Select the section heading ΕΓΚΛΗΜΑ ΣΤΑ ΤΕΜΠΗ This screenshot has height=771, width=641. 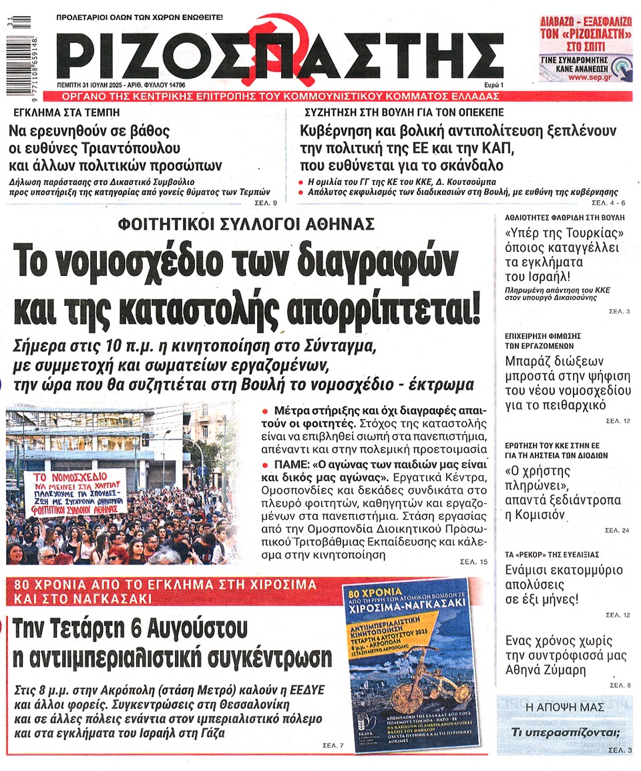tap(57, 112)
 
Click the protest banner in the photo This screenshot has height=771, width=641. tap(75, 493)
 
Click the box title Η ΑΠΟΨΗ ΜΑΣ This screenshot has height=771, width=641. tap(564, 707)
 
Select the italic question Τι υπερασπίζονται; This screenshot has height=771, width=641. tap(565, 732)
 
